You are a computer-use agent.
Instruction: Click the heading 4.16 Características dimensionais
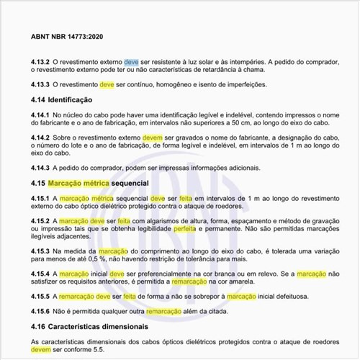[x=93, y=327]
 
